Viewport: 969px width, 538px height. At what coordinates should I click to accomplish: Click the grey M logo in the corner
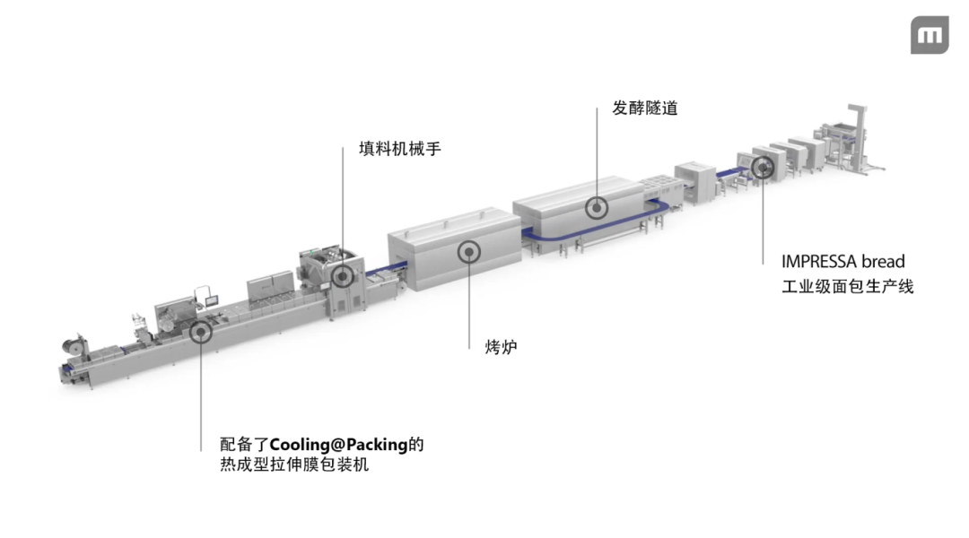pyautogui.click(x=930, y=35)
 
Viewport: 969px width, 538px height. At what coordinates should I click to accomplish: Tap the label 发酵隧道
pyautogui.click(x=644, y=108)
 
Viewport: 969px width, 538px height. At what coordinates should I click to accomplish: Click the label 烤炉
pyautogui.click(x=494, y=346)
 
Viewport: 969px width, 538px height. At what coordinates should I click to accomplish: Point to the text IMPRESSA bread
pyautogui.click(x=842, y=263)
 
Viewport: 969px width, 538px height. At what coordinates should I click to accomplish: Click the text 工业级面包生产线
pyautogui.click(x=847, y=287)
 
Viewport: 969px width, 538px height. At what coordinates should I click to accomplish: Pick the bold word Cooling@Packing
pyautogui.click(x=338, y=444)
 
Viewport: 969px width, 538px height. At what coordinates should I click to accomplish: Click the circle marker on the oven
pyautogui.click(x=468, y=250)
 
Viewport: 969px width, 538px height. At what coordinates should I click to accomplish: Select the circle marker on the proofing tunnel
pyautogui.click(x=597, y=207)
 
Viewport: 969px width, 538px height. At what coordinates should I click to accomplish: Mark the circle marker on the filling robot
pyautogui.click(x=342, y=274)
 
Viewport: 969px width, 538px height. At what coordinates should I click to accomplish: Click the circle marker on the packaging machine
pyautogui.click(x=200, y=333)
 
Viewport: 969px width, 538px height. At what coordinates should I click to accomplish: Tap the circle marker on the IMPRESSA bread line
pyautogui.click(x=763, y=166)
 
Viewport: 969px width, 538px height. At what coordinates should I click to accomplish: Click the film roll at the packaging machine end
pyautogui.click(x=70, y=344)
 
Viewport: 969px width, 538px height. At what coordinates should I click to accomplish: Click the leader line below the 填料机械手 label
pyautogui.click(x=342, y=206)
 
